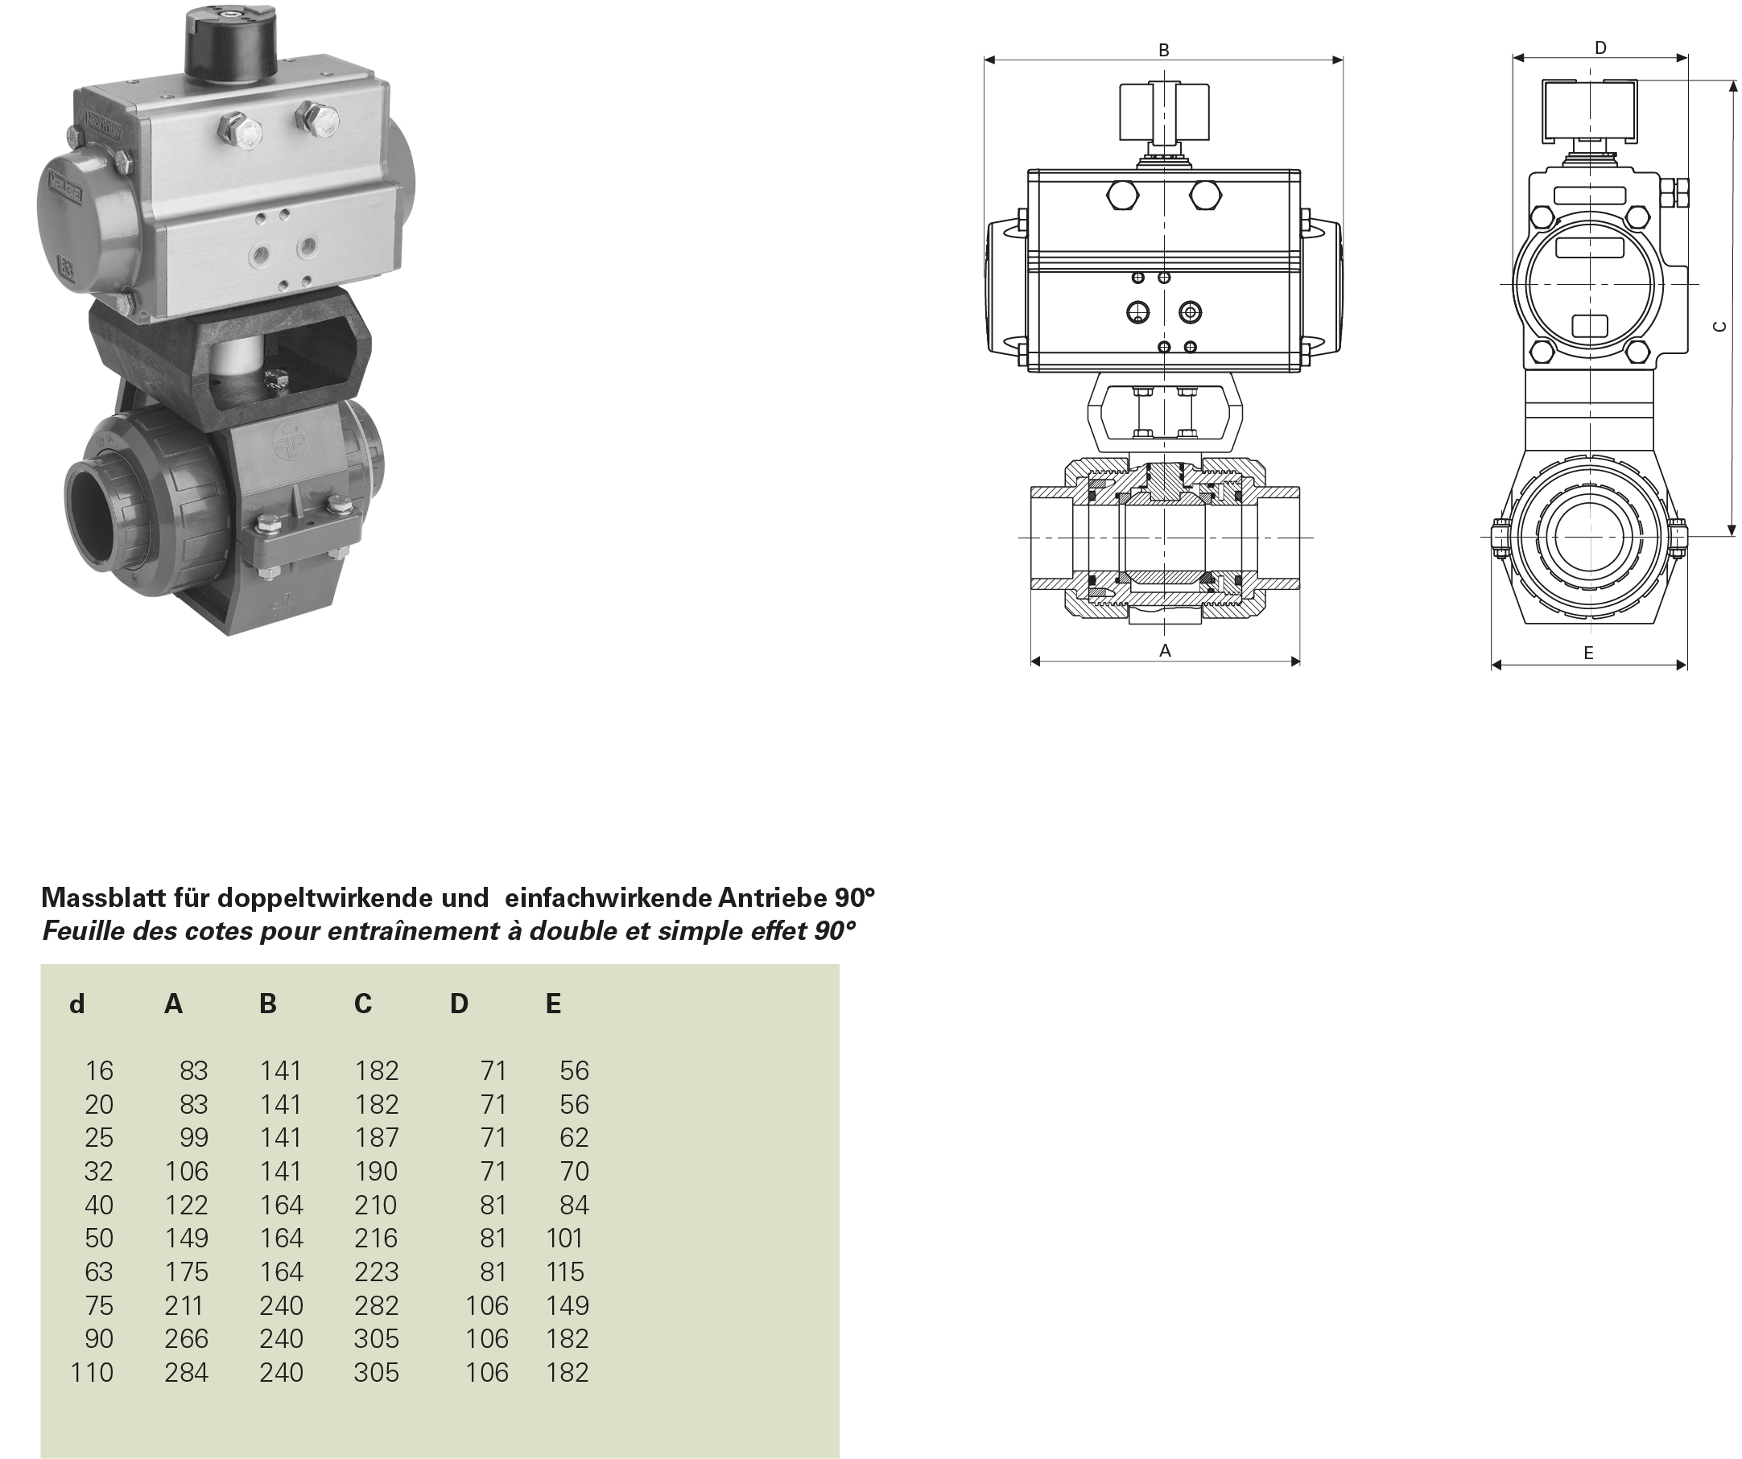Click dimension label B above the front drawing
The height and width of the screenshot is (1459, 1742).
pos(1163,50)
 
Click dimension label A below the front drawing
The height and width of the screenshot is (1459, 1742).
pos(1165,650)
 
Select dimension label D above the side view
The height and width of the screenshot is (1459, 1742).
pos(1600,48)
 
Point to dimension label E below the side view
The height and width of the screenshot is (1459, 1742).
pos(1587,653)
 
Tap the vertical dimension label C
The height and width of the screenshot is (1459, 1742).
pos(1719,327)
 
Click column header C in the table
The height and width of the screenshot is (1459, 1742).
pos(362,1004)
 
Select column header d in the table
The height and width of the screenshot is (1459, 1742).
pos(76,1004)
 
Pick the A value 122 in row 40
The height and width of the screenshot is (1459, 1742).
pos(186,1205)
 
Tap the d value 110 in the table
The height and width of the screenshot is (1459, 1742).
pos(91,1372)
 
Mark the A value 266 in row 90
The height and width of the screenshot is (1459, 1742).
pos(186,1338)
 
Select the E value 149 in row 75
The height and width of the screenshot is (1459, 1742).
pos(567,1305)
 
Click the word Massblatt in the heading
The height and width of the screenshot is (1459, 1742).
pos(104,897)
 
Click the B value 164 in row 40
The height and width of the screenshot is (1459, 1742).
pos(281,1205)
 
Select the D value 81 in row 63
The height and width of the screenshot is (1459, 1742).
pos(493,1271)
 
